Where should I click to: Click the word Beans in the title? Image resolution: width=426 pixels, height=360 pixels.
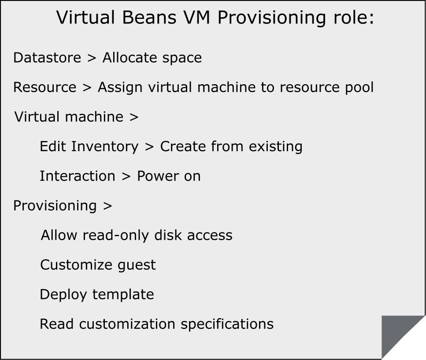tap(149, 17)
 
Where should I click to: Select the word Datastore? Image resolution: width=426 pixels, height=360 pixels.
tap(47, 58)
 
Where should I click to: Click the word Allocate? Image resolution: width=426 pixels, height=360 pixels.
tap(130, 58)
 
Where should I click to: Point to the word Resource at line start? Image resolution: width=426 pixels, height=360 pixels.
tap(45, 87)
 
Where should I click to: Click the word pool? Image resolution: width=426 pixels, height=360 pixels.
tap(359, 88)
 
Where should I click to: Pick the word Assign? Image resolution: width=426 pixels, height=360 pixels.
tap(120, 88)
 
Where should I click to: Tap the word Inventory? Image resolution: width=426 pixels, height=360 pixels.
tap(105, 147)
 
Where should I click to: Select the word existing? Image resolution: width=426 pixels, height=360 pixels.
tap(275, 147)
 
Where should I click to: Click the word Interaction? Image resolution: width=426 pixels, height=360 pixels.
tap(78, 176)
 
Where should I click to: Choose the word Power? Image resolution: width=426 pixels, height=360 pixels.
tap(157, 176)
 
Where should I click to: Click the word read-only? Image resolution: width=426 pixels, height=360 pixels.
tap(116, 236)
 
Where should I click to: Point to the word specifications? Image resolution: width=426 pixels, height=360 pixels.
tap(227, 325)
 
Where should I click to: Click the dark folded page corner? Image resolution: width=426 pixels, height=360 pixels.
tap(395, 329)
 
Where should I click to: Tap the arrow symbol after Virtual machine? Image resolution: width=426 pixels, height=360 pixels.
tap(134, 117)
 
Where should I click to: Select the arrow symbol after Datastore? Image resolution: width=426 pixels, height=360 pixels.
tap(92, 58)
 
